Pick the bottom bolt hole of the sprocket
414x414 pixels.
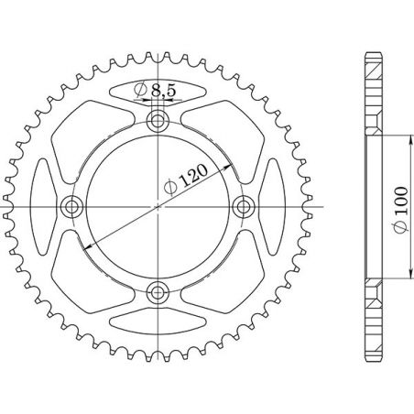click(158, 292)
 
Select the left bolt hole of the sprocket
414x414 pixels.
click(71, 206)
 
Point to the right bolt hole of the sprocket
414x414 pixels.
click(244, 206)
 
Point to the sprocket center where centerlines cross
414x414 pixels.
click(158, 206)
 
